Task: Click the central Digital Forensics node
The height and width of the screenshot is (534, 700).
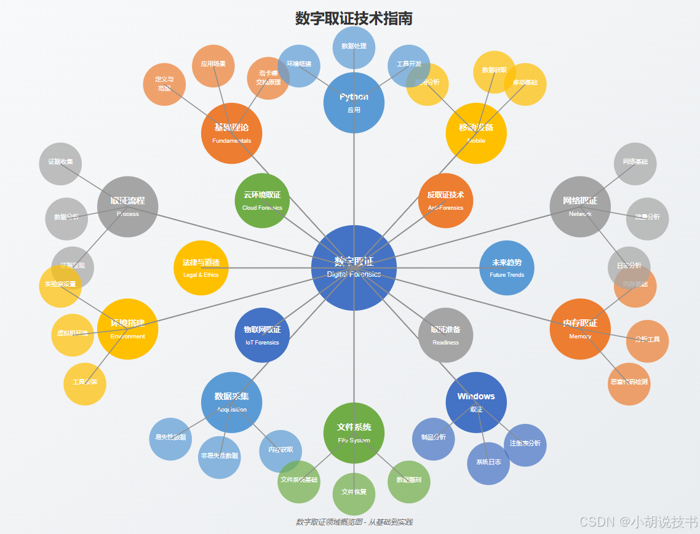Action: pos(354,268)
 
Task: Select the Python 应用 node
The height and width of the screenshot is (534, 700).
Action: pos(354,103)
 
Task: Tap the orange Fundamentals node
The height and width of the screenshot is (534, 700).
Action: pos(231,133)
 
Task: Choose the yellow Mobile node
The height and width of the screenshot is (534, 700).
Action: pos(476,133)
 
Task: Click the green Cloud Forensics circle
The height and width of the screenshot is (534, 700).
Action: pos(262,201)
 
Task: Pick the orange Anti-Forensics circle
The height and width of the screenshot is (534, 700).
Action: pos(445,201)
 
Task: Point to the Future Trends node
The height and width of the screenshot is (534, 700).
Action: pos(507,268)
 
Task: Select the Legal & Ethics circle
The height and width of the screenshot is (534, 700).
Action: pos(201,268)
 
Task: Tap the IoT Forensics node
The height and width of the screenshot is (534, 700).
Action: pos(262,335)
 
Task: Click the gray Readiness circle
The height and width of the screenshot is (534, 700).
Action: pos(445,335)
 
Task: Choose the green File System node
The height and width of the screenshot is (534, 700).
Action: pos(354,433)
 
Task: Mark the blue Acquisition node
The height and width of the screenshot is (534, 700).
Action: pos(231,402)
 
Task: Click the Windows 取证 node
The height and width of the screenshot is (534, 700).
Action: pos(476,402)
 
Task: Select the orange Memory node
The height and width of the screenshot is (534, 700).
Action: pos(580,329)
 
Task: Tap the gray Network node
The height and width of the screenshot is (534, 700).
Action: pos(580,207)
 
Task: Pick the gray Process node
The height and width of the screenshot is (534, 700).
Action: pos(127,207)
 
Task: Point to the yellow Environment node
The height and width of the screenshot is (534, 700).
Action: pos(127,329)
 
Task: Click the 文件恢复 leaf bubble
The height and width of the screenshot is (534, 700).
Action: pos(354,493)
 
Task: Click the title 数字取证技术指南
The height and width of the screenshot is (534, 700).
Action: pos(354,18)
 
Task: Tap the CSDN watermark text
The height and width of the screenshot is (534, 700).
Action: pos(637,521)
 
